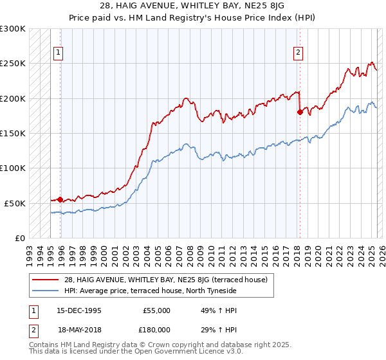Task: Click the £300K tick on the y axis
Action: click(13, 29)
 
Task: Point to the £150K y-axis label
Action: click(13, 133)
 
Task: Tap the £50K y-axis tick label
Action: click(15, 203)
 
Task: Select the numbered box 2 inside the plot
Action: click(299, 53)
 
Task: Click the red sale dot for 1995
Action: click(60, 199)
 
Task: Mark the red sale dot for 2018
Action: click(300, 112)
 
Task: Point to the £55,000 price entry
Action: click(156, 310)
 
